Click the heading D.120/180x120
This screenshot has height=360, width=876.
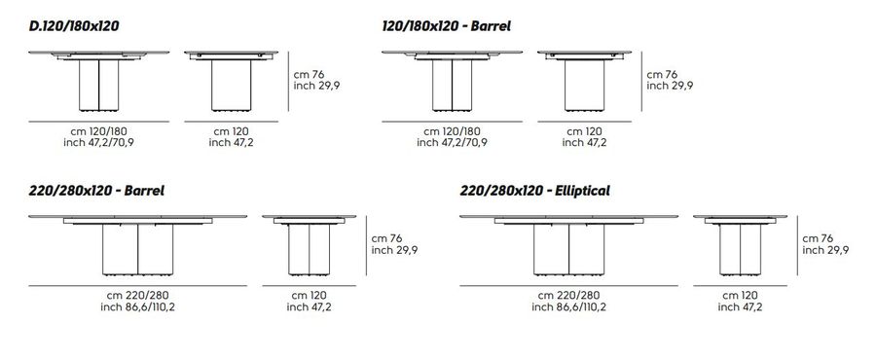pyautogui.click(x=74, y=25)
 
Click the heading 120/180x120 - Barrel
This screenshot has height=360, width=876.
pyautogui.click(x=447, y=25)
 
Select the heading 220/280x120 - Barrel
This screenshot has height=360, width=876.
pyautogui.click(x=96, y=191)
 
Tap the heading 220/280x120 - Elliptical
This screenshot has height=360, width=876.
pyautogui.click(x=534, y=191)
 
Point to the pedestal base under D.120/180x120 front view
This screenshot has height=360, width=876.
pyautogui.click(x=99, y=85)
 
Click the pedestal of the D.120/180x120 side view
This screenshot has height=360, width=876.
pyautogui.click(x=232, y=85)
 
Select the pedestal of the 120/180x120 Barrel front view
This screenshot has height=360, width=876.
pyautogui.click(x=452, y=85)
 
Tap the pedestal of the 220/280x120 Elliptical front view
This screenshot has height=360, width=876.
pyautogui.click(x=568, y=249)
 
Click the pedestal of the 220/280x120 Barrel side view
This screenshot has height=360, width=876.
pyautogui.click(x=309, y=249)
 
